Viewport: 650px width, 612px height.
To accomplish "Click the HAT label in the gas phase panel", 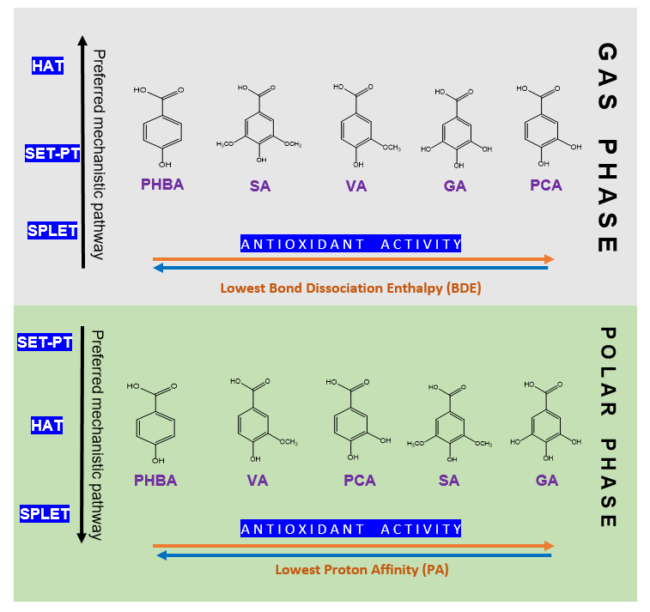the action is coord(48,65).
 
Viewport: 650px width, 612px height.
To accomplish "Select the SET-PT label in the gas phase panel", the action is coord(52,154).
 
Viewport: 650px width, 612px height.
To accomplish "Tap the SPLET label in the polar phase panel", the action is coord(45,513).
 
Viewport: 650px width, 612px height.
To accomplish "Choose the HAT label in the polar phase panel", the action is coord(47,424).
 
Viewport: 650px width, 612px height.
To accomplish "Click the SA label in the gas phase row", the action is coord(260,185).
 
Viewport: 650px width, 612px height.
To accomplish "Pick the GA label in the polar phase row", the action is coord(547,480).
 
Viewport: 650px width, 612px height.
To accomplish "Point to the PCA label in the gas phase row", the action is coord(546,185).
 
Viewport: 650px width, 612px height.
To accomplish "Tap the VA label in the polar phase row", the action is coord(258,480).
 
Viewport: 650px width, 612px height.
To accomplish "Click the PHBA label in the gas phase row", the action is coord(163,184).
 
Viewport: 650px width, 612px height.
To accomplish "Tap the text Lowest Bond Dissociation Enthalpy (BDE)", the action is coord(350,288).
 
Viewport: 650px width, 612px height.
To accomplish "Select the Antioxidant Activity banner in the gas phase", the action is coord(351,244).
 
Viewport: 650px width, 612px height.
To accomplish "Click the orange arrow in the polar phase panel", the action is coord(353,545).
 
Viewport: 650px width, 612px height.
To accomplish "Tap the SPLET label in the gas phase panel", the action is coord(52,231).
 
